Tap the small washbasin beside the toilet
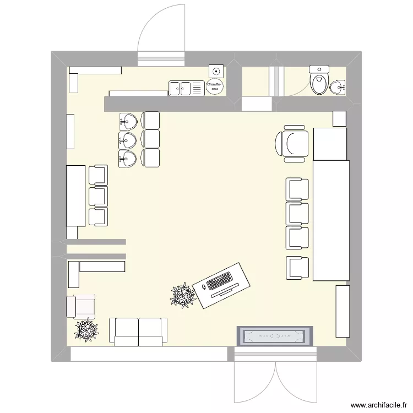[x=338, y=86]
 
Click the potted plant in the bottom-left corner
[x=87, y=330]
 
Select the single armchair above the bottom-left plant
[x=80, y=307]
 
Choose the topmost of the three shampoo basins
[x=128, y=120]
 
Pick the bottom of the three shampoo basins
[x=128, y=159]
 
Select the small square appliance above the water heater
[x=216, y=70]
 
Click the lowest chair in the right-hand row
[x=297, y=268]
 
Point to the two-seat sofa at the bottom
[x=138, y=332]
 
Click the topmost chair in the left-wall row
[x=99, y=175]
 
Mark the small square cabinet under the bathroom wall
[x=339, y=118]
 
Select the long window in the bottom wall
[x=149, y=354]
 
